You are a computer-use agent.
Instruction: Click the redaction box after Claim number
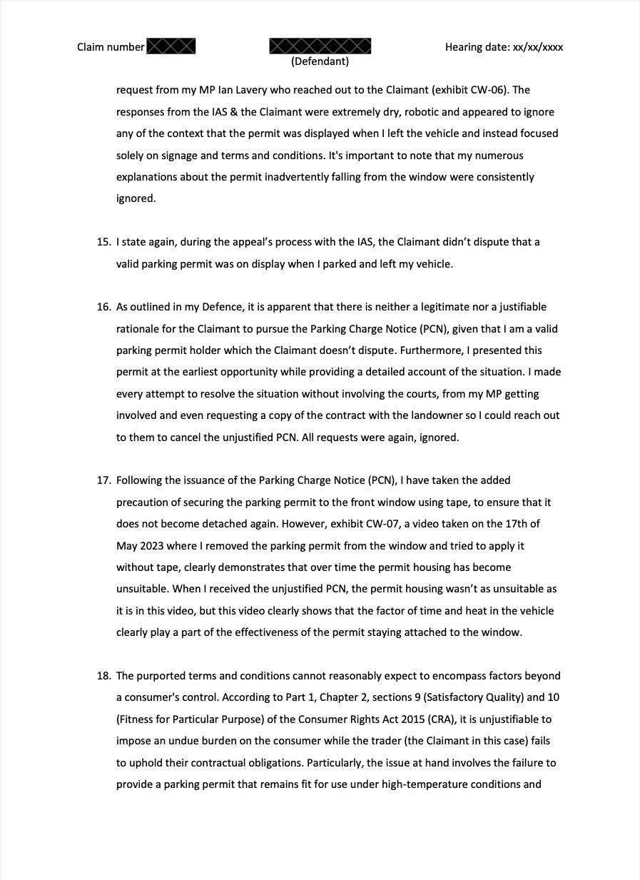[x=171, y=47]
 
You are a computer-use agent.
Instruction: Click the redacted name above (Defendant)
[x=320, y=46]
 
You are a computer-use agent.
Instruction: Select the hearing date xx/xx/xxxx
[x=537, y=48]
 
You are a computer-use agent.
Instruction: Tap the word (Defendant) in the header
[x=320, y=62]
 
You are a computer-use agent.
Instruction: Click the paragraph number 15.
[x=103, y=242]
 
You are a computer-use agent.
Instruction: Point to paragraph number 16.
[x=103, y=307]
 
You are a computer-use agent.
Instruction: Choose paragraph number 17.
[x=103, y=480]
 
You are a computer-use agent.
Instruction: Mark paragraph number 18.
[x=103, y=676]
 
